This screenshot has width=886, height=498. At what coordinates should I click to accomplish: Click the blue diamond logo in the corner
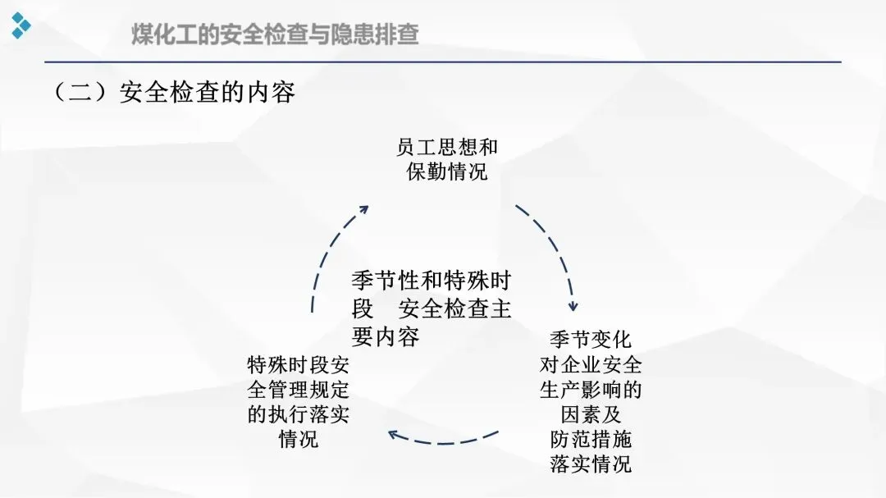coord(21,25)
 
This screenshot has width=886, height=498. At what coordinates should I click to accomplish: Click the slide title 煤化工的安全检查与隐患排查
coord(276,34)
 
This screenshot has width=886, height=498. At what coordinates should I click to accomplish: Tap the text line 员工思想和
coord(447,147)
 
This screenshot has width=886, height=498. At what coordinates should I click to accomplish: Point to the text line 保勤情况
coord(447,171)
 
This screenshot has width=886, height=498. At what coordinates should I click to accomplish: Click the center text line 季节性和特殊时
coord(431,281)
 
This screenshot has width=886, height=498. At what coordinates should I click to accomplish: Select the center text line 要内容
coord(386,336)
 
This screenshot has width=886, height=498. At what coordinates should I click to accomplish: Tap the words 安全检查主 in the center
coord(455,309)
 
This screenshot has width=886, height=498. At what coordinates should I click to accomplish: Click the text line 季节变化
coord(591,340)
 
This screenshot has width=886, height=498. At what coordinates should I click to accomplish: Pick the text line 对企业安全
coord(591,364)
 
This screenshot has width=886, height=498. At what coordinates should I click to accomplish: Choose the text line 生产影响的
coord(591,390)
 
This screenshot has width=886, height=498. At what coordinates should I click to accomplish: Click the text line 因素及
coord(591,414)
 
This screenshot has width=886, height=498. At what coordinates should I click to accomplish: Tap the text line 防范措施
coord(591,439)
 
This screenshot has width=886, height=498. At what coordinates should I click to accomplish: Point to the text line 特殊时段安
coord(299,364)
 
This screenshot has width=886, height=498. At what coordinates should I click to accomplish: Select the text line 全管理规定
coord(299,390)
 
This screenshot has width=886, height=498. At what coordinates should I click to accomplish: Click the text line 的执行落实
coord(299,414)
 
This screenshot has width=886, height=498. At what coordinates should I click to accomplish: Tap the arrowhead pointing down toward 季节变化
coord(573,305)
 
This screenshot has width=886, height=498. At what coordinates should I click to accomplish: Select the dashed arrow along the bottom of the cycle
coord(443,440)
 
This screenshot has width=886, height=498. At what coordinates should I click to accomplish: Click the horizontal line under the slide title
coord(443,62)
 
